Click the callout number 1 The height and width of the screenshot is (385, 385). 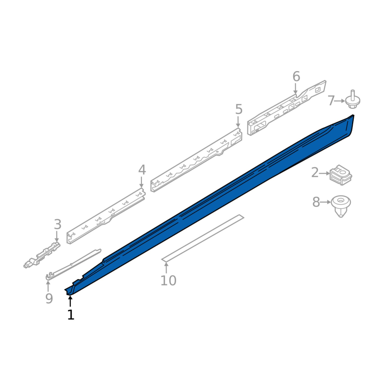tap(71, 315)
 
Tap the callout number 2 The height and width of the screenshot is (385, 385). tap(315, 173)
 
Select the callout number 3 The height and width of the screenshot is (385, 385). tap(57, 224)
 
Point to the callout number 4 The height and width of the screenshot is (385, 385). tap(142, 170)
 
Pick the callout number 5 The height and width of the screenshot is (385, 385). tap(239, 109)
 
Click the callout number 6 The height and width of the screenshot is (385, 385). tap(296, 77)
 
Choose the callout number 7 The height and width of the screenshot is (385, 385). tap(331, 101)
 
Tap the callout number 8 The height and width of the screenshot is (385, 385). tap(316, 202)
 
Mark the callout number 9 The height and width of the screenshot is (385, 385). tap(49, 298)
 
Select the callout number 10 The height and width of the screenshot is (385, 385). tap(168, 281)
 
